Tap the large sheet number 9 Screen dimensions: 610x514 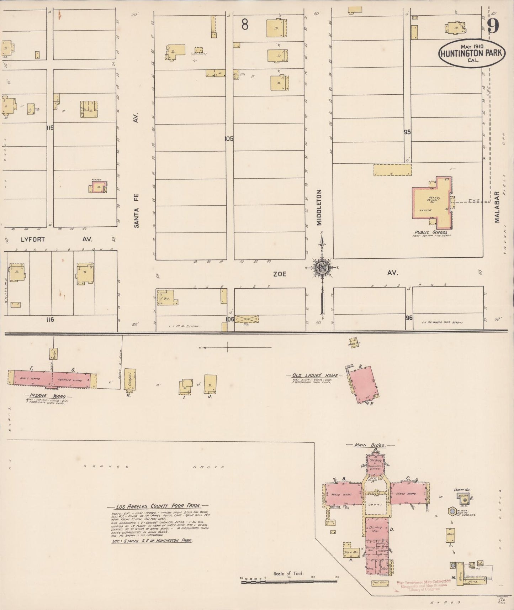(x=493, y=26)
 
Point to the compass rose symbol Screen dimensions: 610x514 (x=322, y=267)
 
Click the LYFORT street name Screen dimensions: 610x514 (x=33, y=239)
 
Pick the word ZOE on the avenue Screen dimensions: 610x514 (x=280, y=274)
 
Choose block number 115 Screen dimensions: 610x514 (x=49, y=127)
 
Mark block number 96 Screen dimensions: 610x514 (x=409, y=317)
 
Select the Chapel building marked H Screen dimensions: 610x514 (x=130, y=379)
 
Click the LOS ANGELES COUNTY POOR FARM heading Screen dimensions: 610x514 (x=158, y=505)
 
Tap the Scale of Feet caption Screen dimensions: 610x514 (x=288, y=573)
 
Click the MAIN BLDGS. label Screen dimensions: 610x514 (x=369, y=445)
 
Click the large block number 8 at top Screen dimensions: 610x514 (x=245, y=25)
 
